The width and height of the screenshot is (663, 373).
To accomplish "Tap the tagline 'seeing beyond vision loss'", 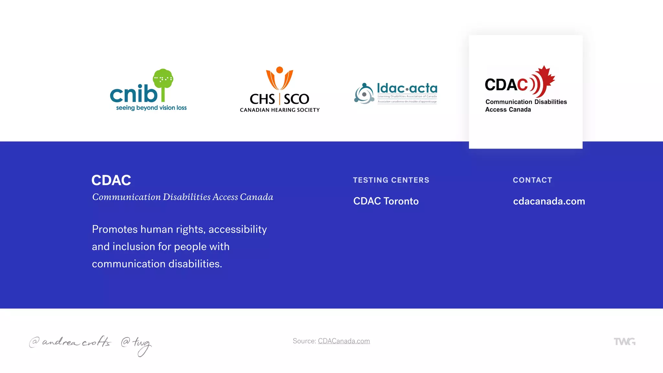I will (x=151, y=108).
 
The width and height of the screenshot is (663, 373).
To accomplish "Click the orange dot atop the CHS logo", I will (x=280, y=70).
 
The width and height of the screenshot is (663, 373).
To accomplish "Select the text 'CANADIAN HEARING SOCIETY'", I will (x=280, y=110).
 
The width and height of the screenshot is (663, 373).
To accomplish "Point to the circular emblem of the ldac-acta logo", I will (x=364, y=94).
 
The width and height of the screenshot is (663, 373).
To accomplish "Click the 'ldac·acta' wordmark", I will (x=407, y=88).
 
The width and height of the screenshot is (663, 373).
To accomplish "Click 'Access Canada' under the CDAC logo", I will (x=508, y=110).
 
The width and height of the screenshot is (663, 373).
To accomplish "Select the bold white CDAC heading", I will (x=111, y=180).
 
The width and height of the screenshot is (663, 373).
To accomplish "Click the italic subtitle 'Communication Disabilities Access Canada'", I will (x=183, y=197).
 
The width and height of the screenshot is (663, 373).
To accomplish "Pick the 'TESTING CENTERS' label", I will (x=391, y=180).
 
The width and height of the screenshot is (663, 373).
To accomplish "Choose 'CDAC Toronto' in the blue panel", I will (x=386, y=201).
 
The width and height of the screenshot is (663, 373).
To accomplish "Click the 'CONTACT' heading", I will (x=533, y=180).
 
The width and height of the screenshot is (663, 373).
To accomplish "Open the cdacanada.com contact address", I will (x=549, y=201).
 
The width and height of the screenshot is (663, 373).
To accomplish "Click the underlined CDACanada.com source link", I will (x=344, y=341).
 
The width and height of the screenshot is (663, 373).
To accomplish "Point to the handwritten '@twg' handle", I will (x=136, y=345).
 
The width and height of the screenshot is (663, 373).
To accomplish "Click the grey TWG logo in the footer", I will (x=624, y=342).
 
